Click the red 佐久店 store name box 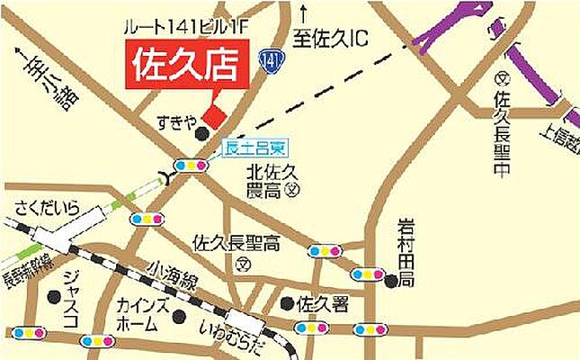pyautogui.click(x=186, y=65)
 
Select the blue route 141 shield pyautogui.click(x=272, y=60)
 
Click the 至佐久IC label pyautogui.click(x=333, y=38)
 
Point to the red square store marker pyautogui.click(x=214, y=116)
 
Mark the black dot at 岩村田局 pyautogui.click(x=390, y=282)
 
